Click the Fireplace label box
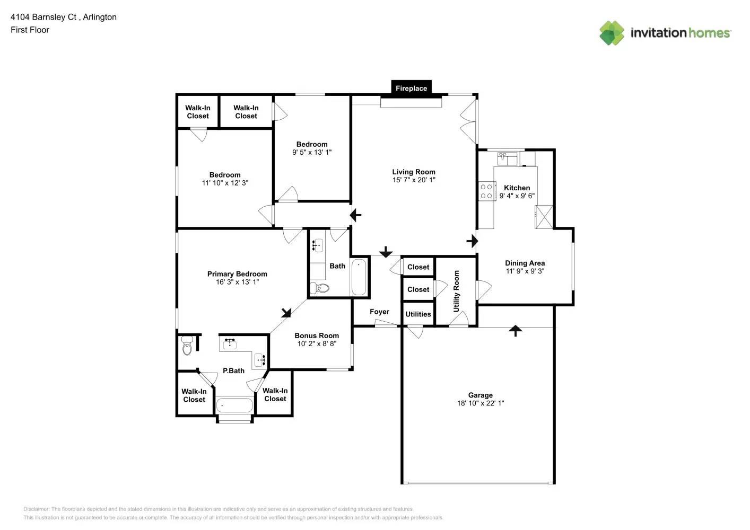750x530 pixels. point(411,89)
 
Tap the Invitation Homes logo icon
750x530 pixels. point(612,33)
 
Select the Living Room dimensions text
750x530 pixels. point(414,180)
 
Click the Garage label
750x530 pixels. point(480,395)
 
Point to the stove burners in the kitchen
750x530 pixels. point(486,191)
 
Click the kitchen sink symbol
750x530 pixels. point(508,157)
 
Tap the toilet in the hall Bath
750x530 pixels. point(320,288)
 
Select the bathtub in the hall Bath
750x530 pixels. point(359,277)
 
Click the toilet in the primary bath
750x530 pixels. point(186,345)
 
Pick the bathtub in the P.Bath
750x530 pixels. point(234,405)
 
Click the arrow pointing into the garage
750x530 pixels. point(515,331)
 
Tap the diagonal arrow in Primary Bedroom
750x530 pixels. point(286,312)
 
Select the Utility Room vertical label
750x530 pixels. point(456,291)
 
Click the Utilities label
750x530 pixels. point(418,314)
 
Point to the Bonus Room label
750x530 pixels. point(317,335)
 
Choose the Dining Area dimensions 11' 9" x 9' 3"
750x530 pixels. point(525,271)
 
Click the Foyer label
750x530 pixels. point(379,312)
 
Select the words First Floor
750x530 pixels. point(30,30)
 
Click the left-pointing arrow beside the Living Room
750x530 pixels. point(355,215)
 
